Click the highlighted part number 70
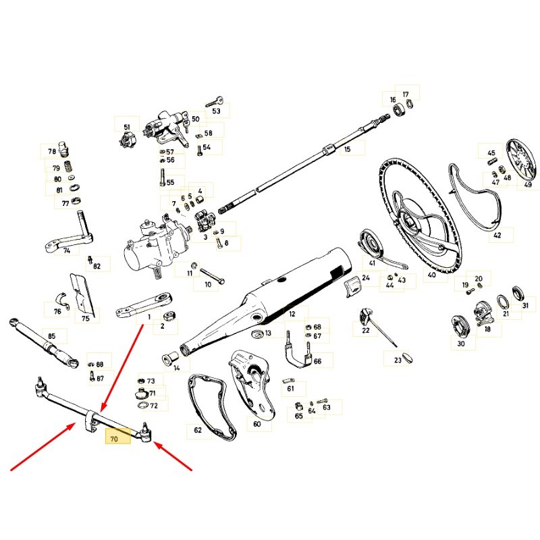[114, 439]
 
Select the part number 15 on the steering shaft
[347, 149]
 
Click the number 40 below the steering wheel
[431, 275]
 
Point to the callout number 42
[497, 235]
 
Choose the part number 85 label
[52, 335]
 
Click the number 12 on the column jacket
[292, 314]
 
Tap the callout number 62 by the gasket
[198, 430]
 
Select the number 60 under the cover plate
[257, 424]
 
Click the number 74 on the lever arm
[67, 250]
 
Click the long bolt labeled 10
[212, 276]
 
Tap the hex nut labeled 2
[169, 315]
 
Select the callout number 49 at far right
[528, 184]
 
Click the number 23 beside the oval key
[398, 360]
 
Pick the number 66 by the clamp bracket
[317, 361]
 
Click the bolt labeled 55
[163, 178]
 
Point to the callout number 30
[461, 344]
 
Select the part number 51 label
[127, 127]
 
